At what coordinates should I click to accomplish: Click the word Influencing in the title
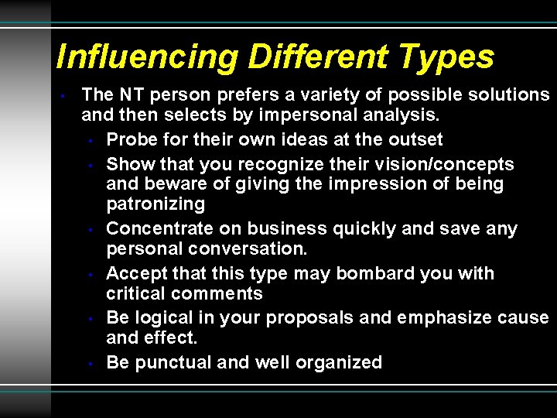[148, 58]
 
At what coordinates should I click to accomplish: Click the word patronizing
[155, 204]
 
